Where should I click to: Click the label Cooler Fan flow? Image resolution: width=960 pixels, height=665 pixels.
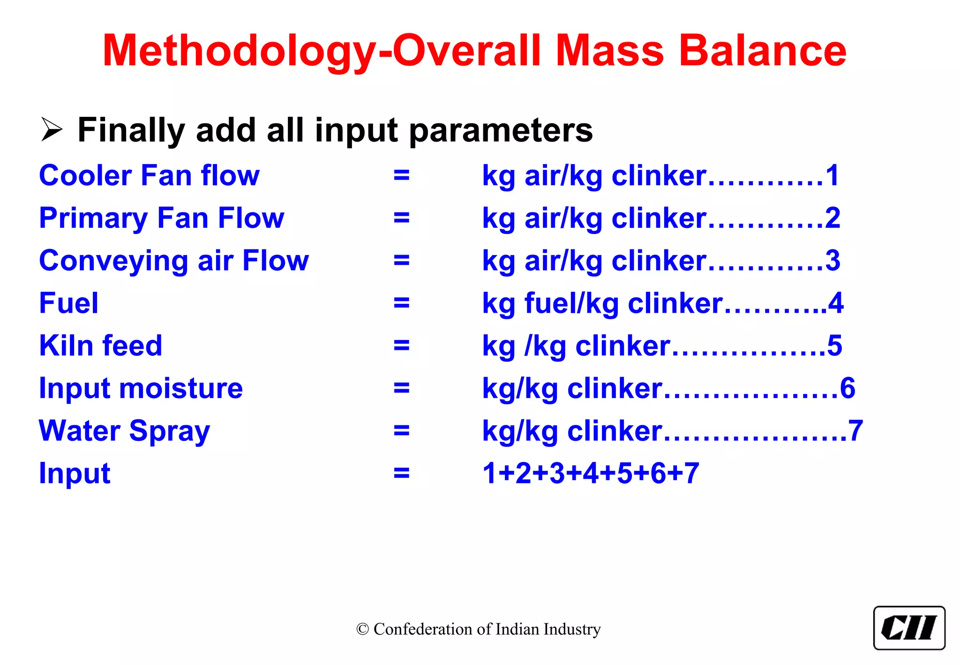tap(149, 176)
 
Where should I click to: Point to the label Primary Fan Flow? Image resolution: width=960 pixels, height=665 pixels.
tap(162, 218)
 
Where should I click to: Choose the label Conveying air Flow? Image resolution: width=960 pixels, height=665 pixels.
tap(174, 261)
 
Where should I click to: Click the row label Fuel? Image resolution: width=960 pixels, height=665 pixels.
tap(69, 303)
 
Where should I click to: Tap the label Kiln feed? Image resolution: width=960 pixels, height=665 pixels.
tap(101, 346)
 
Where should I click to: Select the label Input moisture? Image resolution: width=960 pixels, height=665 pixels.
tap(141, 388)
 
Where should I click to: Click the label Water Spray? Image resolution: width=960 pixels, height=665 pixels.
tap(125, 431)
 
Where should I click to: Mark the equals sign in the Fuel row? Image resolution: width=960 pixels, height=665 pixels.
tap(402, 303)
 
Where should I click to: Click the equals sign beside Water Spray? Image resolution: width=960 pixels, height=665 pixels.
tap(402, 431)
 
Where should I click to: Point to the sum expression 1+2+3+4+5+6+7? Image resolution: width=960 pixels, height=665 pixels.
tap(591, 473)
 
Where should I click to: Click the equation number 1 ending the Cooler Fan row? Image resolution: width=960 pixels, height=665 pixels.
tap(832, 176)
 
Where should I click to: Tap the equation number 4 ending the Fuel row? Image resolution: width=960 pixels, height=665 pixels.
tap(836, 303)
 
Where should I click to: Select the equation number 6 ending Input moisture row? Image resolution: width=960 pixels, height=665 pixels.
tap(847, 388)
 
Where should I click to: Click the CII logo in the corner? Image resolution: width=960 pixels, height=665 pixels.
tap(909, 628)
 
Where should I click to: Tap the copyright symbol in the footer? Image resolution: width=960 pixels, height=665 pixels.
tap(362, 629)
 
